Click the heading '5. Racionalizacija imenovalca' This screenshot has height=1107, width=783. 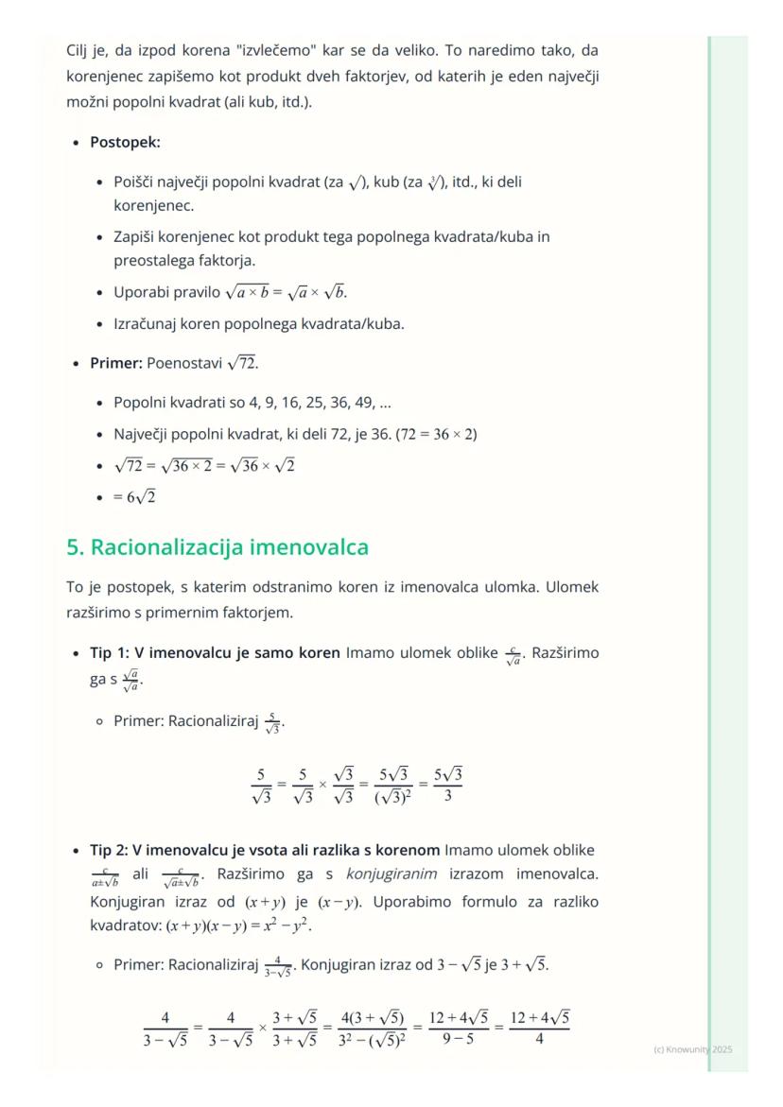tap(217, 547)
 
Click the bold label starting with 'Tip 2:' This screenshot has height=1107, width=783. tap(265, 849)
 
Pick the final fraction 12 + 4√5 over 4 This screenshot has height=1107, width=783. tap(539, 1029)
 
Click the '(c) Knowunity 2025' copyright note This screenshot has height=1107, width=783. tap(692, 1049)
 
